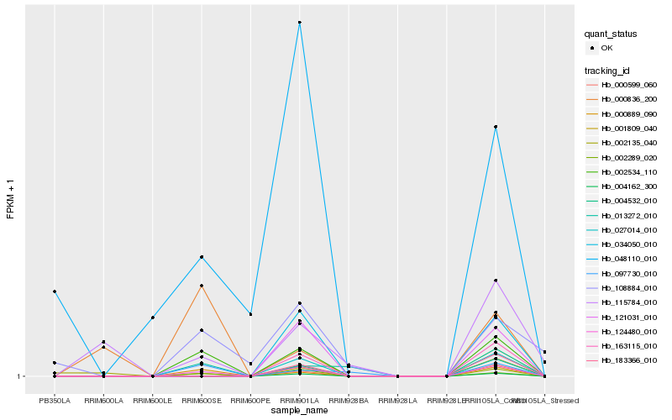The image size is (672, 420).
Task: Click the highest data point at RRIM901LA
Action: click(x=300, y=22)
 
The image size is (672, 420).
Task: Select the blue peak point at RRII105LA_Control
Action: click(x=496, y=127)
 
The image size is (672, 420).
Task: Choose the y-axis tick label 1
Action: click(x=19, y=376)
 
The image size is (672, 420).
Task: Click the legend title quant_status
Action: click(x=611, y=34)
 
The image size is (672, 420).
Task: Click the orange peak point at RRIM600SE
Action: click(x=202, y=286)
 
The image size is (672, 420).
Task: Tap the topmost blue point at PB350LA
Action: click(x=55, y=291)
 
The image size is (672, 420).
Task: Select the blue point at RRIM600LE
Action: click(x=153, y=318)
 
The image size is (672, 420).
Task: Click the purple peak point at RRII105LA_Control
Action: click(x=496, y=281)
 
